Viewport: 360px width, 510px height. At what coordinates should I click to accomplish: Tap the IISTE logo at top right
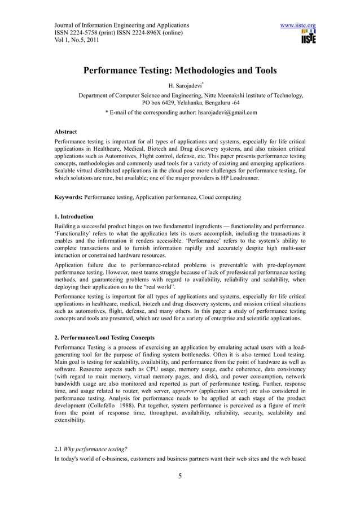(308, 38)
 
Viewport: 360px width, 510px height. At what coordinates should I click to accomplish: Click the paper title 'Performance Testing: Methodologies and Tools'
(180, 71)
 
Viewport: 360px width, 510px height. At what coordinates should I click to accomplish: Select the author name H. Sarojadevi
(178, 88)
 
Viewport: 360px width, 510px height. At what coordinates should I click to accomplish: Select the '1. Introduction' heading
(74, 216)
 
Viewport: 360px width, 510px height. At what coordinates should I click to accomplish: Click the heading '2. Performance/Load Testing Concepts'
(104, 338)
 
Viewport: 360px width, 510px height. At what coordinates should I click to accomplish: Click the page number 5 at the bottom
(180, 476)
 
